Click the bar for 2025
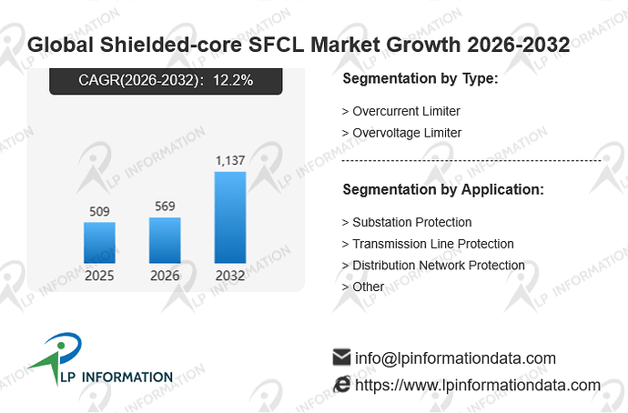pos(99,243)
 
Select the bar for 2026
pos(165,240)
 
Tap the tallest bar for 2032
pos(230,217)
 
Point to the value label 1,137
pos(230,160)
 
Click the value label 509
pos(99,211)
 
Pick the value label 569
pos(165,206)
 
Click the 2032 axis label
pos(230,276)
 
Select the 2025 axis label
pos(99,276)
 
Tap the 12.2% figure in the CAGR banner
pos(233,80)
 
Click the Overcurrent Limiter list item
pos(406,111)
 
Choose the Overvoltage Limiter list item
pos(407,133)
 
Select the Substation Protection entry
pos(412,222)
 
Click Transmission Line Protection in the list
pos(433,244)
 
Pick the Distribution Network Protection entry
pos(439,266)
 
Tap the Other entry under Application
pos(368,287)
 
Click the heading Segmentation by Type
pos(420,78)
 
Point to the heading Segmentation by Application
pos(443,190)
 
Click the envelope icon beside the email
pos(341,357)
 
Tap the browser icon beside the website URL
pos(342,384)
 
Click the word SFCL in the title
pos(277,45)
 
